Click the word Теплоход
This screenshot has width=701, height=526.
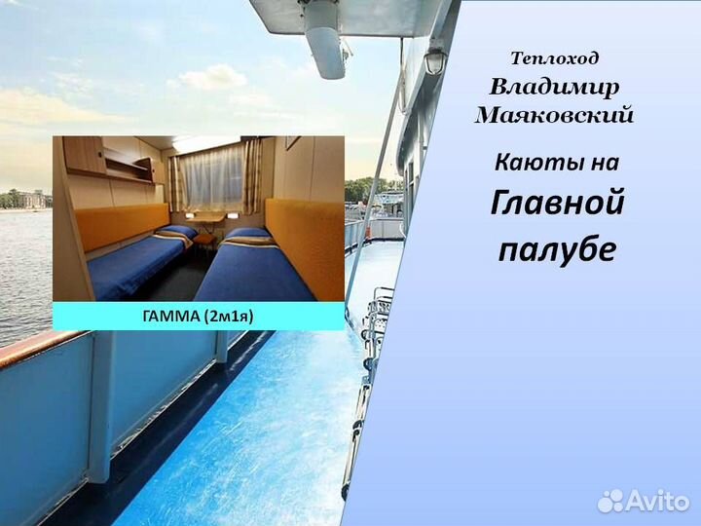(x=555, y=59)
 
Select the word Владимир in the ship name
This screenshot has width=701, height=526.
(x=554, y=88)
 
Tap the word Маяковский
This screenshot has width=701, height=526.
(x=554, y=116)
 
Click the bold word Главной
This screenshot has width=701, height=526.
(x=556, y=205)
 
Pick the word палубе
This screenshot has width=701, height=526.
(x=556, y=249)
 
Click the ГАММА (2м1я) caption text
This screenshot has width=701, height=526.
(x=198, y=316)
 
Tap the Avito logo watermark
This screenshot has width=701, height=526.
(x=644, y=501)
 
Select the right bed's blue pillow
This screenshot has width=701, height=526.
(x=249, y=234)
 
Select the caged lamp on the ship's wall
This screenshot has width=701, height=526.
(x=434, y=61)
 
